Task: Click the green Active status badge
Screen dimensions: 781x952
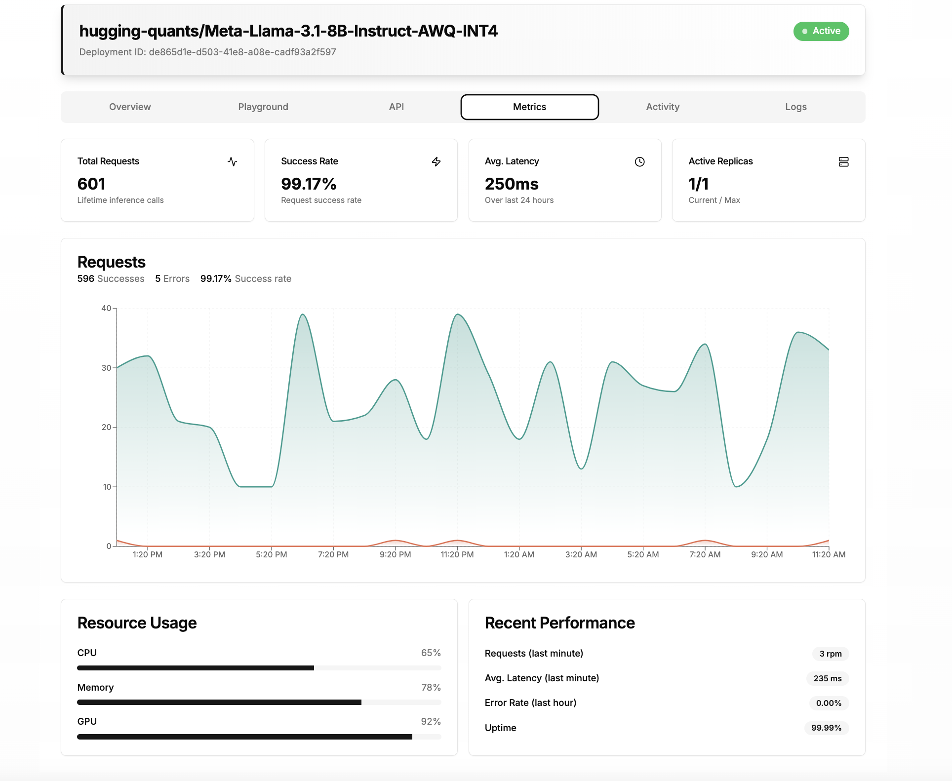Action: click(821, 31)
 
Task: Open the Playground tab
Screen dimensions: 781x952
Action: click(263, 107)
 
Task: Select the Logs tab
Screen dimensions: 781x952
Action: click(795, 107)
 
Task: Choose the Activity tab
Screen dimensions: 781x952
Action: click(662, 107)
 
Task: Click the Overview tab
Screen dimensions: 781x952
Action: click(130, 107)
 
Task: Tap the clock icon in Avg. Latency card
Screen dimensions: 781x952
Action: click(639, 162)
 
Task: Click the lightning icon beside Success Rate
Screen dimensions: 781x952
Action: click(436, 162)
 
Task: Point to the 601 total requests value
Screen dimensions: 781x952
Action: click(91, 184)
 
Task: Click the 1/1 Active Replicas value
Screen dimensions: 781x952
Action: click(698, 184)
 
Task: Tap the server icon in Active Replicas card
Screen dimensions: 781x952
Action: click(843, 162)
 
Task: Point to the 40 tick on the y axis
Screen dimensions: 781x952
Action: click(106, 309)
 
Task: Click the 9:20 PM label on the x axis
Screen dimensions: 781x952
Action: click(395, 555)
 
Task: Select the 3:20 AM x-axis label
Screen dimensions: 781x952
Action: click(581, 555)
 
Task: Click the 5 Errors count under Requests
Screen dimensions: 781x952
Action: click(172, 279)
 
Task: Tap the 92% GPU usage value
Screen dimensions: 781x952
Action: click(431, 722)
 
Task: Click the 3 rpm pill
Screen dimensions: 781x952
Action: click(830, 654)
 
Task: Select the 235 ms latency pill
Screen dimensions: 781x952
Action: click(827, 679)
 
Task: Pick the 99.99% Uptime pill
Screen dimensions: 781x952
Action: click(826, 728)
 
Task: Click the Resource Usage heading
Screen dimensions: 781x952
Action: click(137, 623)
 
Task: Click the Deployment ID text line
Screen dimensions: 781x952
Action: click(207, 52)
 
